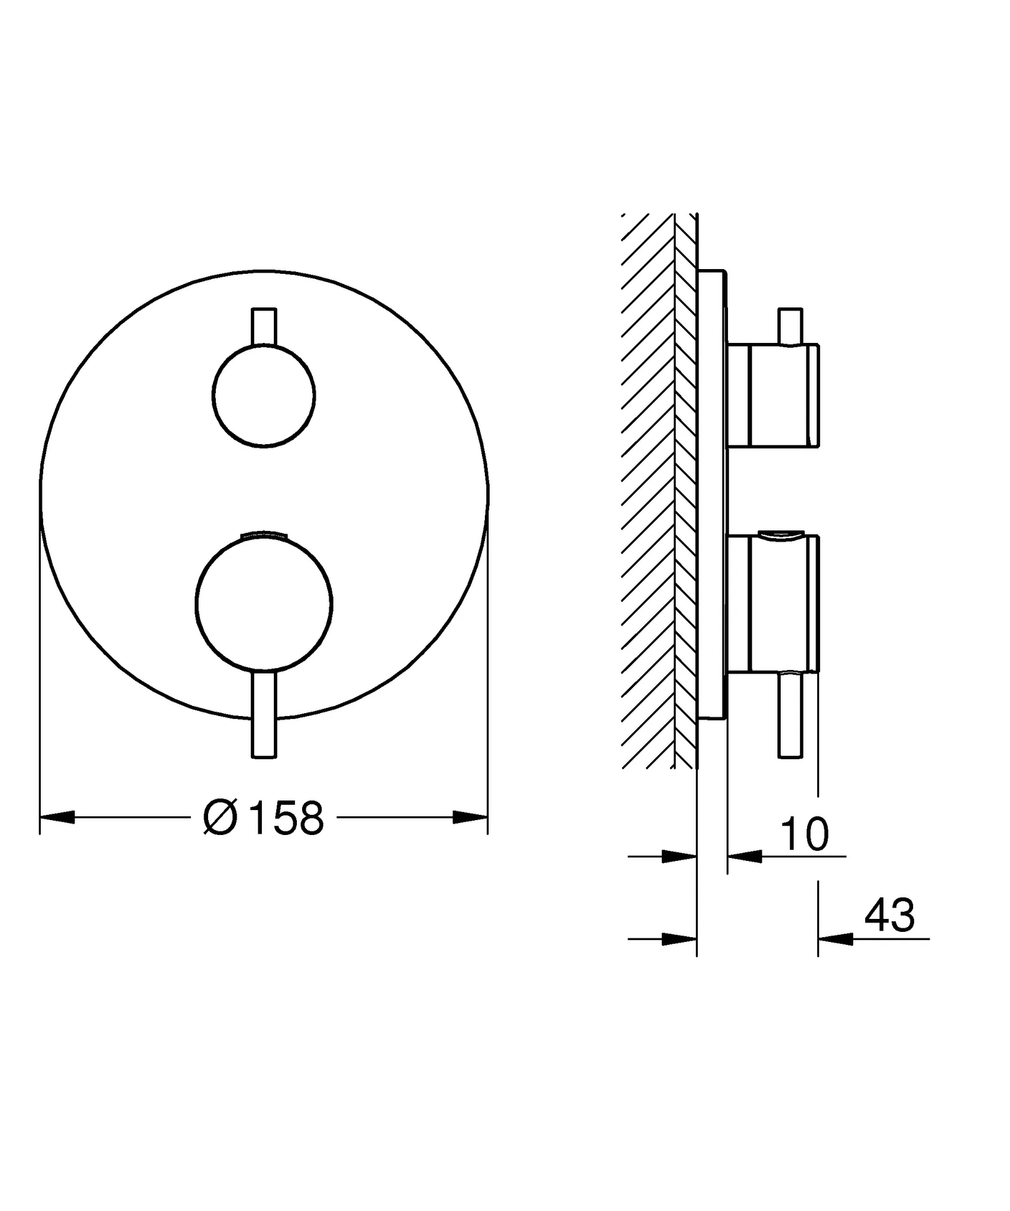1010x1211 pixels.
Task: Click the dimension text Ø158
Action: click(x=264, y=818)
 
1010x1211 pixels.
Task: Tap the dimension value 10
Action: click(x=805, y=834)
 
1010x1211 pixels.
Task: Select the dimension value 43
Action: click(x=889, y=915)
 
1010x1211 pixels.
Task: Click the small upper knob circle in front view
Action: click(x=264, y=396)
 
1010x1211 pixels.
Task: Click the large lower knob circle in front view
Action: click(x=264, y=603)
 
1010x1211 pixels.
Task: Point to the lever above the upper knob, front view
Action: click(x=264, y=326)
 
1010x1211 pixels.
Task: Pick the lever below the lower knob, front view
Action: click(x=264, y=715)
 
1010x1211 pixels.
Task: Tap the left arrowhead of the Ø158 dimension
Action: click(x=57, y=818)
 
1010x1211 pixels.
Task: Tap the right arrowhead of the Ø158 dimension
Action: click(x=470, y=818)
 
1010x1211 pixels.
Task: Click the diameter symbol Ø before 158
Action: click(x=220, y=818)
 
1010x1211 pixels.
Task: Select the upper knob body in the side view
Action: click(x=775, y=396)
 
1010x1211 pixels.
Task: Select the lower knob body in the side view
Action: click(x=775, y=603)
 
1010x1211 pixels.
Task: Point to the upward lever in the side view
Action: click(x=791, y=326)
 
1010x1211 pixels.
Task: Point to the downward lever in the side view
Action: click(x=791, y=715)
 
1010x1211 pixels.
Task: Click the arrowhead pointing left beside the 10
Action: click(x=744, y=856)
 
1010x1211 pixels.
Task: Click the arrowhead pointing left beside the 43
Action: click(x=835, y=938)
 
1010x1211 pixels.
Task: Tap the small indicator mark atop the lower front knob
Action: click(x=264, y=535)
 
